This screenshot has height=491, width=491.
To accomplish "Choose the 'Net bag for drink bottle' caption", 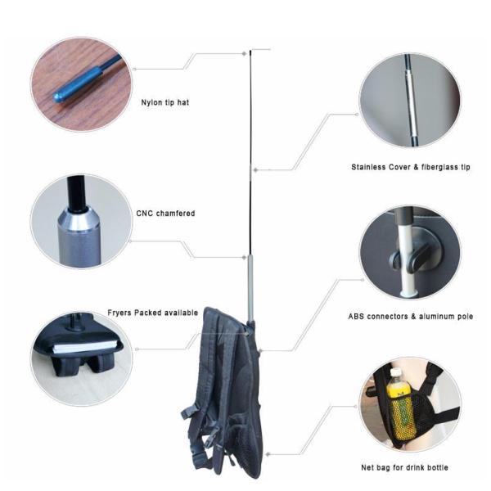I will pos(404,467).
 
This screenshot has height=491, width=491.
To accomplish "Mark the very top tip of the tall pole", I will pos(251,51).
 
